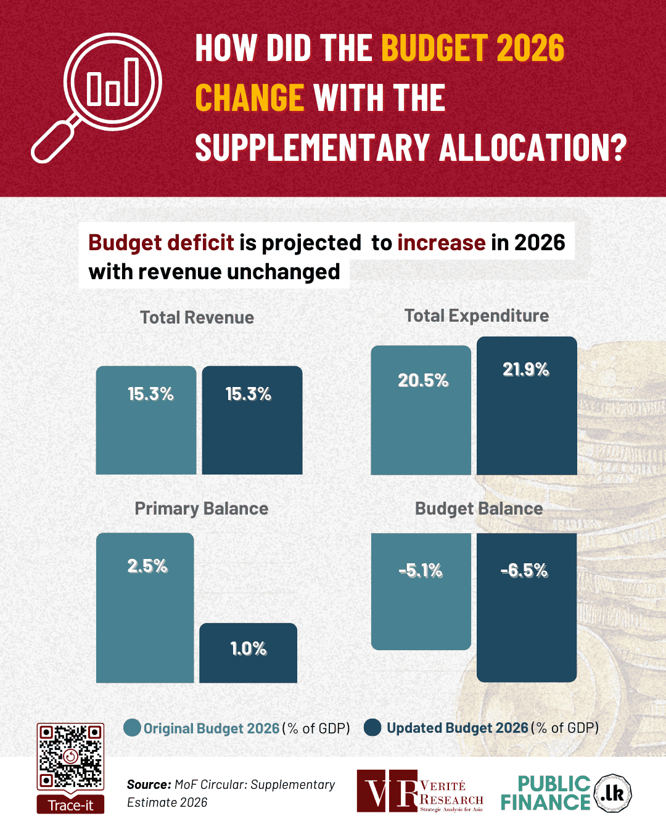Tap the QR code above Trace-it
pos(70,756)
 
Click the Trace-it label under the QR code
pos(70,805)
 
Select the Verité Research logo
pos(420,791)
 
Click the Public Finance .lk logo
pos(566,793)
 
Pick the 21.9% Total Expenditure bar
pos(527,407)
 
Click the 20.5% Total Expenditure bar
pos(421,411)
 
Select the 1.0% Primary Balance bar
pos(248,653)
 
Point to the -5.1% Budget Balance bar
pos(421,592)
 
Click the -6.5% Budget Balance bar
pos(527,607)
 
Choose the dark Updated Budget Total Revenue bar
pos(252,420)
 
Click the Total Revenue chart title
pos(197,317)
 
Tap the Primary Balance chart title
pos(202,508)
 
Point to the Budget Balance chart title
pos(479,508)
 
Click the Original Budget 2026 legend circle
pos(132,728)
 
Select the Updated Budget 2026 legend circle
pos(372,728)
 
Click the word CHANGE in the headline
pos(249,99)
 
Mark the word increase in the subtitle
pos(442,243)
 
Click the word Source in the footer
pos(149,785)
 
